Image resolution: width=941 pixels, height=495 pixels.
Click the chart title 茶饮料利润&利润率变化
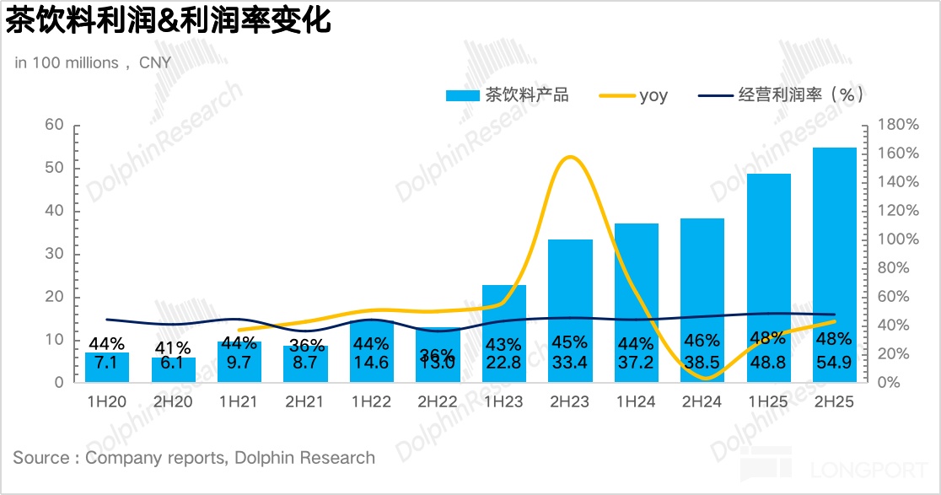point(169,20)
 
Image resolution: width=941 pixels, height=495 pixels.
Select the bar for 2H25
point(834,253)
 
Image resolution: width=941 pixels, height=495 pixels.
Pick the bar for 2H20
point(173,371)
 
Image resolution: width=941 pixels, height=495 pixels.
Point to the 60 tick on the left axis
point(54,125)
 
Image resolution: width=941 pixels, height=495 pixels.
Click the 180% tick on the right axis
point(897,125)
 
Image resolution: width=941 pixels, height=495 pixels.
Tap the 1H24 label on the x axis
point(636,402)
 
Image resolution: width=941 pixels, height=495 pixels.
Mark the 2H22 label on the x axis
point(438,402)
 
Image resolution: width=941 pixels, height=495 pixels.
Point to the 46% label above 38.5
point(702,342)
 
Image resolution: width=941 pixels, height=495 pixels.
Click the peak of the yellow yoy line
point(570,157)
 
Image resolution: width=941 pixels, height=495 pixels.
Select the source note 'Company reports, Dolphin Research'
point(194,458)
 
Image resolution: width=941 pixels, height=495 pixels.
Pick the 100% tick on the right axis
point(897,239)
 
